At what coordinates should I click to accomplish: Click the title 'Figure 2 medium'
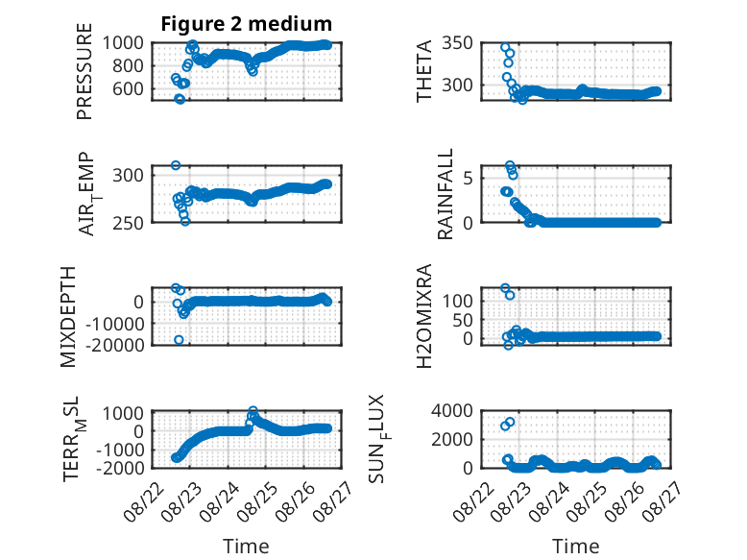[247, 24]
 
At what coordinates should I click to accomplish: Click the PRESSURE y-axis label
[84, 71]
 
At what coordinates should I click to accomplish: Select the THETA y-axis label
[423, 71]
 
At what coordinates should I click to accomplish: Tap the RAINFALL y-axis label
[445, 194]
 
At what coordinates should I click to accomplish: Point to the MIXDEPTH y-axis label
[68, 317]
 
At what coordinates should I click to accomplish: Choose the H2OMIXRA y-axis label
[423, 316]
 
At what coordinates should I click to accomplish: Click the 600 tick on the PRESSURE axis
[128, 88]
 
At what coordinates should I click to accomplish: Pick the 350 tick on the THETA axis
[457, 43]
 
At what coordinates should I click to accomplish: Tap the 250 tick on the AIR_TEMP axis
[128, 223]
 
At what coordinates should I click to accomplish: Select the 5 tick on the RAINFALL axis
[468, 179]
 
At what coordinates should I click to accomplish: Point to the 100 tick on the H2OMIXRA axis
[457, 302]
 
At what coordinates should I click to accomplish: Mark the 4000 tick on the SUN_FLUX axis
[451, 410]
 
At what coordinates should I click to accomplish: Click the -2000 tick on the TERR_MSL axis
[120, 468]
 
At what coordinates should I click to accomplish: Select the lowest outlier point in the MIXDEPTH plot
[179, 340]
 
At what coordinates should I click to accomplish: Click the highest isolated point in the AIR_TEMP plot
[176, 165]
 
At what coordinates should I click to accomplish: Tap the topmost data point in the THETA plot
[505, 47]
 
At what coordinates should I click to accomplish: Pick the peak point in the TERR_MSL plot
[253, 410]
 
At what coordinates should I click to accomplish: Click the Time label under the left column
[246, 547]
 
